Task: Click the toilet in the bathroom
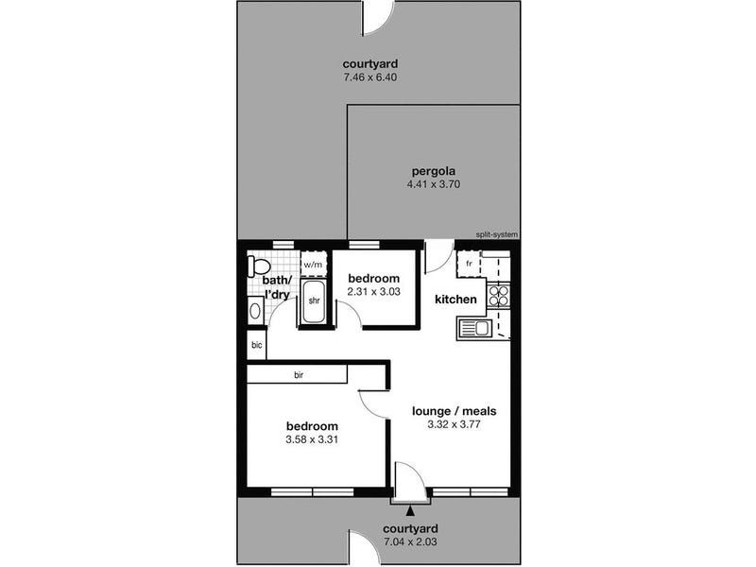tap(258, 266)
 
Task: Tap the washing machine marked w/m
tap(314, 264)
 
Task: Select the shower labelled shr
tap(314, 301)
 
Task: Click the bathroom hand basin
tap(255, 311)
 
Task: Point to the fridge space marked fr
tap(469, 264)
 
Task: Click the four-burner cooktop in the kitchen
tap(499, 296)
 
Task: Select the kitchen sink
tap(474, 329)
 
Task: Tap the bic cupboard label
tap(256, 345)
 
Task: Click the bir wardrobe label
tap(299, 374)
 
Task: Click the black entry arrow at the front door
tap(410, 510)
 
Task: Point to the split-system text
tap(497, 234)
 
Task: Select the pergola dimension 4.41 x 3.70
tap(434, 183)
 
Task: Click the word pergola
tap(434, 171)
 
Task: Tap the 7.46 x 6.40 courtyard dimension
tap(370, 77)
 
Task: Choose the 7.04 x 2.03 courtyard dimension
tap(410, 541)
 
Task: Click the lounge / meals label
tap(455, 411)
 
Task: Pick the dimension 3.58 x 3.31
tap(312, 439)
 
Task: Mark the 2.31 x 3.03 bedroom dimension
tap(373, 291)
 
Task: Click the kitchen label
tap(455, 300)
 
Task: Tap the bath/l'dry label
tap(277, 287)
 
